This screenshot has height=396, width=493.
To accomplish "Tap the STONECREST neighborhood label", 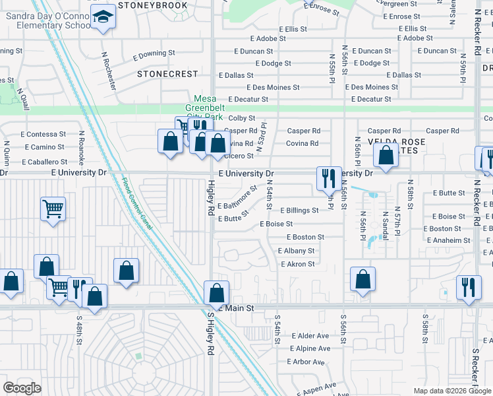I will pyautogui.click(x=167, y=75).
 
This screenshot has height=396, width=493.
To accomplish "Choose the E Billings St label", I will pyautogui.click(x=299, y=211).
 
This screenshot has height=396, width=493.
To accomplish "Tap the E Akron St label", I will pyautogui.click(x=297, y=264).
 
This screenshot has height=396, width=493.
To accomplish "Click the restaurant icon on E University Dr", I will pyautogui.click(x=328, y=177).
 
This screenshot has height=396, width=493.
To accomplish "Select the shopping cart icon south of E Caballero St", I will pyautogui.click(x=53, y=209).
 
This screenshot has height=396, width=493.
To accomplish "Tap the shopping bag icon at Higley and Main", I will pyautogui.click(x=216, y=292).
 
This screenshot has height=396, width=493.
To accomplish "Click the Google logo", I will pyautogui.click(x=22, y=388).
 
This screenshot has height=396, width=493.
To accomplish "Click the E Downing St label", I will pyautogui.click(x=154, y=53).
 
